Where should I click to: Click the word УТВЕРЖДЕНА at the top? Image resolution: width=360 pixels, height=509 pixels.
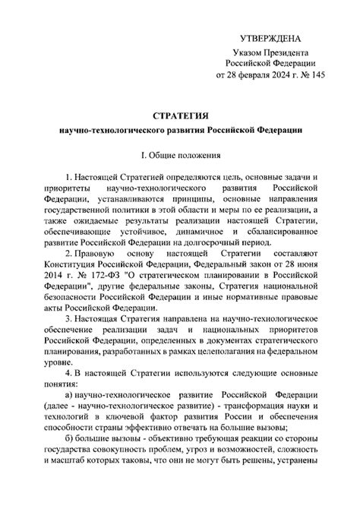[270, 38]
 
